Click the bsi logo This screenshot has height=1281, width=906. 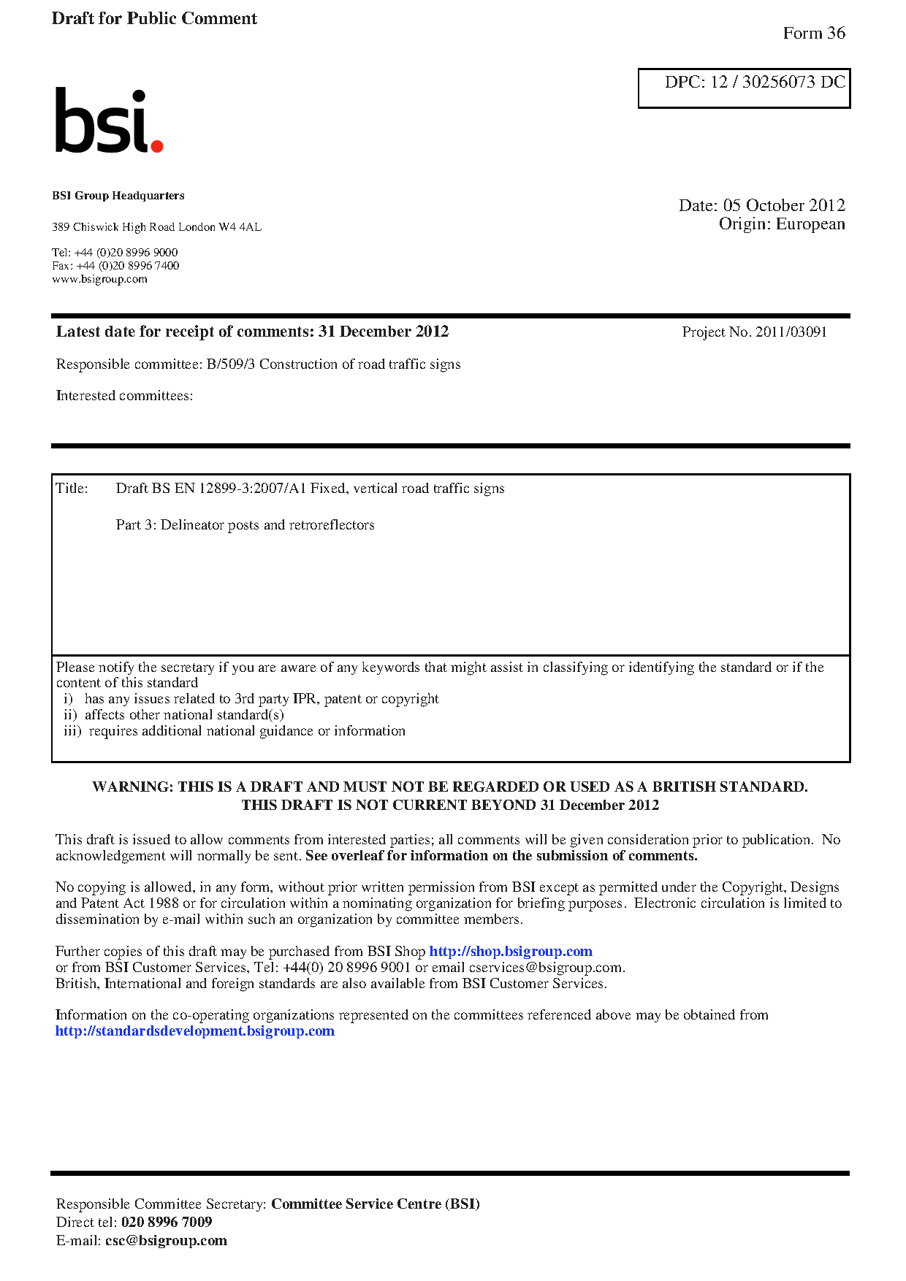pyautogui.click(x=109, y=121)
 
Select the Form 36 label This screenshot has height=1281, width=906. pyautogui.click(x=813, y=33)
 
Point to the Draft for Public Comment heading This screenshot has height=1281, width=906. pyautogui.click(x=154, y=18)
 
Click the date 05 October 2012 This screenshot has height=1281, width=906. pyautogui.click(x=784, y=205)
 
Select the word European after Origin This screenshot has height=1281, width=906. pyautogui.click(x=810, y=223)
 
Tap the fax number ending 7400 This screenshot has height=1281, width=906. pyautogui.click(x=127, y=266)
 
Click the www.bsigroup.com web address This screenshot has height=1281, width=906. pyautogui.click(x=99, y=279)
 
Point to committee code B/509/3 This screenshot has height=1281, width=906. pyautogui.click(x=231, y=364)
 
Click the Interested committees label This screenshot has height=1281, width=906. pyautogui.click(x=124, y=396)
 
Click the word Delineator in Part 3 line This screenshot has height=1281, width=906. pyautogui.click(x=192, y=525)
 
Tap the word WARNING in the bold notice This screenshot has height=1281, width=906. pyautogui.click(x=132, y=787)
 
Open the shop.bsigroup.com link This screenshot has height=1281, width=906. pyautogui.click(x=510, y=952)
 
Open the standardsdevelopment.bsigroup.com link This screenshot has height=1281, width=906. pyautogui.click(x=194, y=1031)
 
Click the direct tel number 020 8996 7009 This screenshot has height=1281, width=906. pyautogui.click(x=167, y=1222)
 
